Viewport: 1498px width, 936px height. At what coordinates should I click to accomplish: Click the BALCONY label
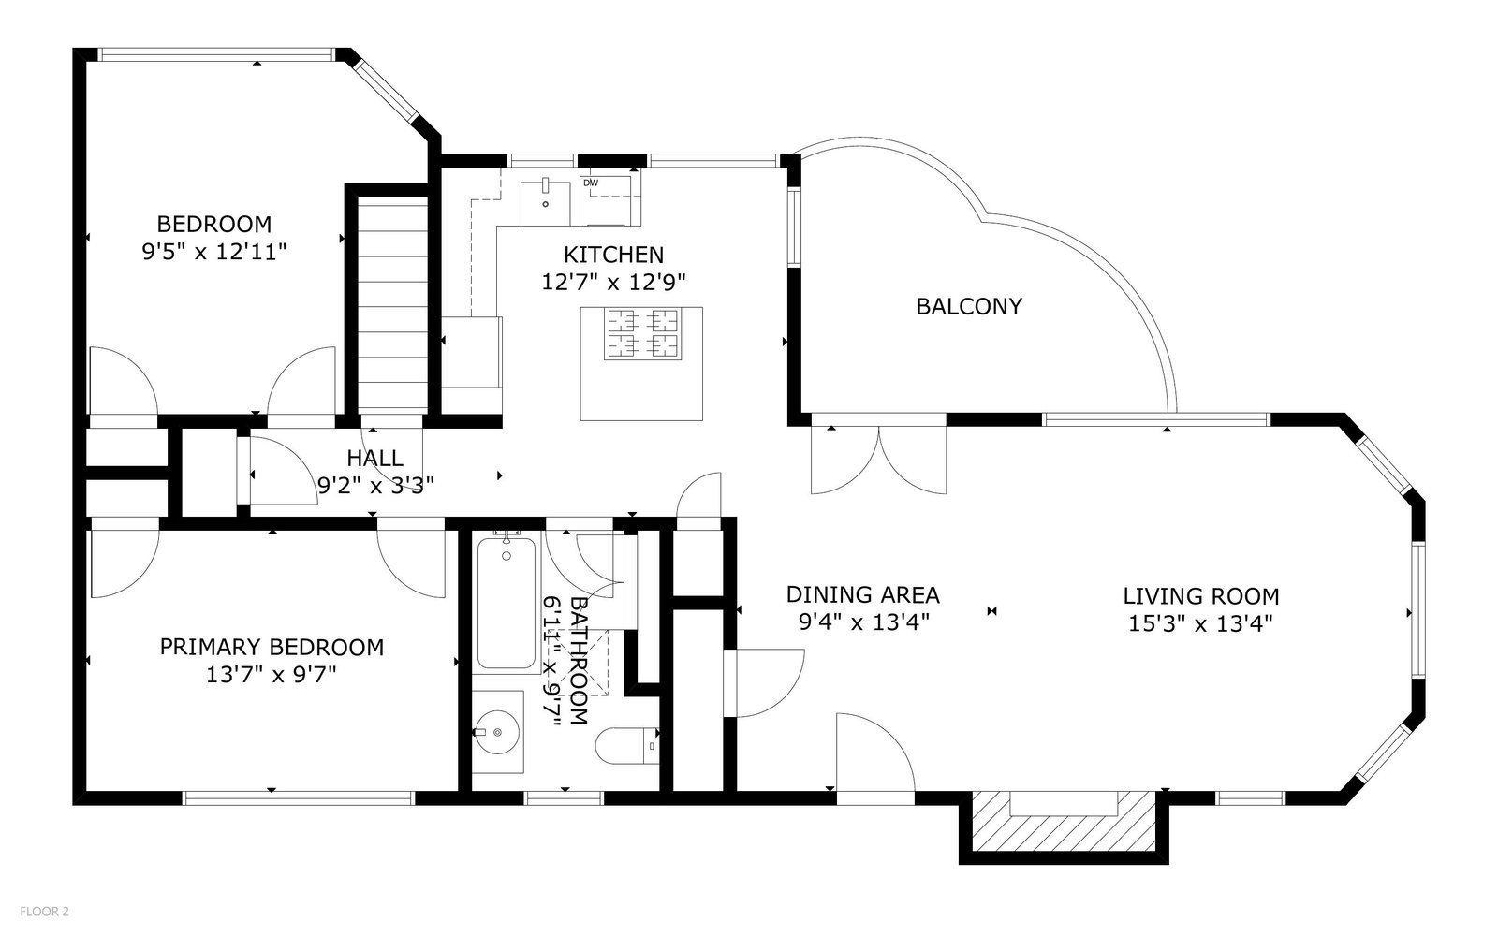tap(969, 307)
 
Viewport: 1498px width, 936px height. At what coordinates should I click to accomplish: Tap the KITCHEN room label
tap(613, 255)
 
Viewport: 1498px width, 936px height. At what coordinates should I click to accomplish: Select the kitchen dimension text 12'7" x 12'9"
tap(613, 282)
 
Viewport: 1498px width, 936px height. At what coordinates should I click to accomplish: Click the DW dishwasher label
tap(591, 183)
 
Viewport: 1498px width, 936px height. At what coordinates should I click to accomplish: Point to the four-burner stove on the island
tap(642, 333)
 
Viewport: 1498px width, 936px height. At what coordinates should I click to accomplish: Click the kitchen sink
tap(546, 202)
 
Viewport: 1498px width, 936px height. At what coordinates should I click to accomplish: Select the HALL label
tap(374, 458)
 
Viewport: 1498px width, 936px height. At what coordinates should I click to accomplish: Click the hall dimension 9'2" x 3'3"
tap(375, 485)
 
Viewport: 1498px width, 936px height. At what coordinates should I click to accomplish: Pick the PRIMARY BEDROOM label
tap(272, 647)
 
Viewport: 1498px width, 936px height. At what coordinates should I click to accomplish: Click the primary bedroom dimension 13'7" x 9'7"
tap(271, 675)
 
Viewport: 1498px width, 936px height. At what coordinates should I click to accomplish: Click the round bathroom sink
tap(497, 732)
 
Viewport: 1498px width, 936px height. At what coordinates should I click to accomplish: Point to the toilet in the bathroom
tap(627, 745)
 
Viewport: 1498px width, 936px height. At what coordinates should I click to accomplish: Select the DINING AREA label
tap(862, 594)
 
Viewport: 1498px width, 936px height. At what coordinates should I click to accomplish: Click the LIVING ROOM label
tap(1201, 595)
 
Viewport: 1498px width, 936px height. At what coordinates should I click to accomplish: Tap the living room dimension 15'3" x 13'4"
tap(1200, 623)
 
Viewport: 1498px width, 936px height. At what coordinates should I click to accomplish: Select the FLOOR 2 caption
tap(44, 912)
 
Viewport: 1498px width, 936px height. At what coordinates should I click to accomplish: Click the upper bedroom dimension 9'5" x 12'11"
tap(214, 252)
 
